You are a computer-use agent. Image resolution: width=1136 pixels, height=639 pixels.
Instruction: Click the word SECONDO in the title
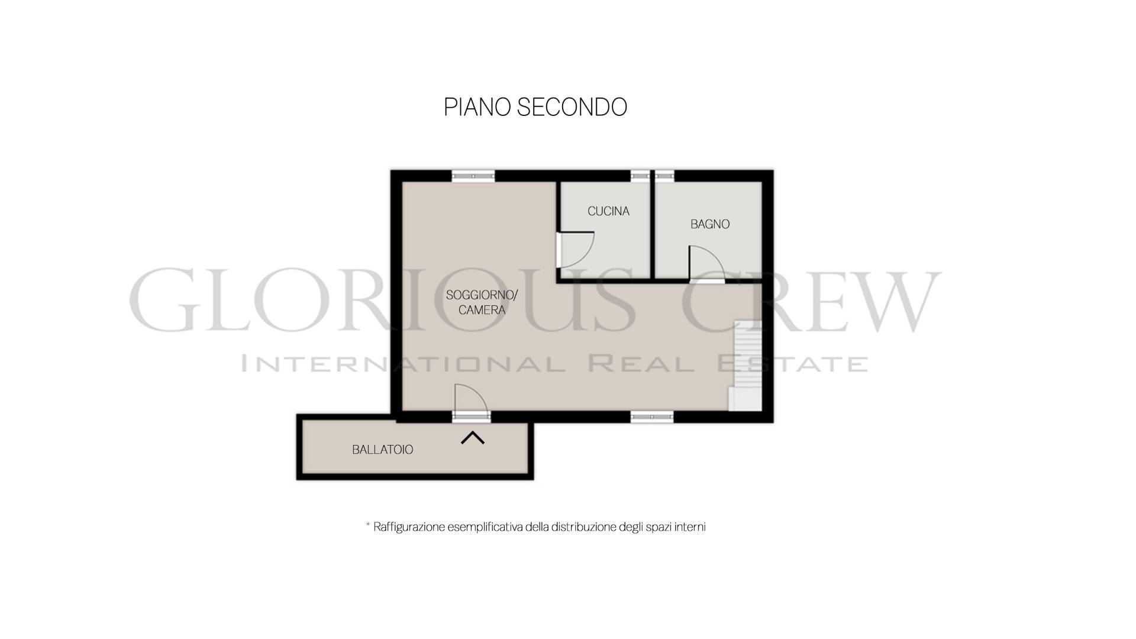click(x=572, y=107)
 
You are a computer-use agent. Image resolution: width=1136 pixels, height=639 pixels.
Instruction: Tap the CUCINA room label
click(x=608, y=211)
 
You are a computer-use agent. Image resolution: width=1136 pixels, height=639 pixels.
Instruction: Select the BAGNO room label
click(x=710, y=224)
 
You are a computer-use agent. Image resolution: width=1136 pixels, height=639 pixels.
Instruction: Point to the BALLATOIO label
click(x=382, y=450)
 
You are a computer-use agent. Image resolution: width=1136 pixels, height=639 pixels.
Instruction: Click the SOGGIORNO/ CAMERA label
click(x=482, y=302)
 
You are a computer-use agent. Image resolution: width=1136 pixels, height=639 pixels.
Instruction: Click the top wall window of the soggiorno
click(x=473, y=175)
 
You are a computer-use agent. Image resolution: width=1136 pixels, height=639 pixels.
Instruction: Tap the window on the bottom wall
click(x=651, y=417)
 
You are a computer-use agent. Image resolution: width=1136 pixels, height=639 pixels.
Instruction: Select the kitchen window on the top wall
click(x=640, y=175)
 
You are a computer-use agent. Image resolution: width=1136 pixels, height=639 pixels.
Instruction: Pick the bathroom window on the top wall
click(x=665, y=175)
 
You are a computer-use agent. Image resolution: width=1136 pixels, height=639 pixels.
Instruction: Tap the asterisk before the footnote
click(x=368, y=525)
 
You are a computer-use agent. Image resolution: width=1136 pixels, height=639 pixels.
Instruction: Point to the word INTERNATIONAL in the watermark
click(x=403, y=363)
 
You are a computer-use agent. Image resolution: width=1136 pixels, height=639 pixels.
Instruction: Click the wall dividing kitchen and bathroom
click(x=652, y=230)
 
